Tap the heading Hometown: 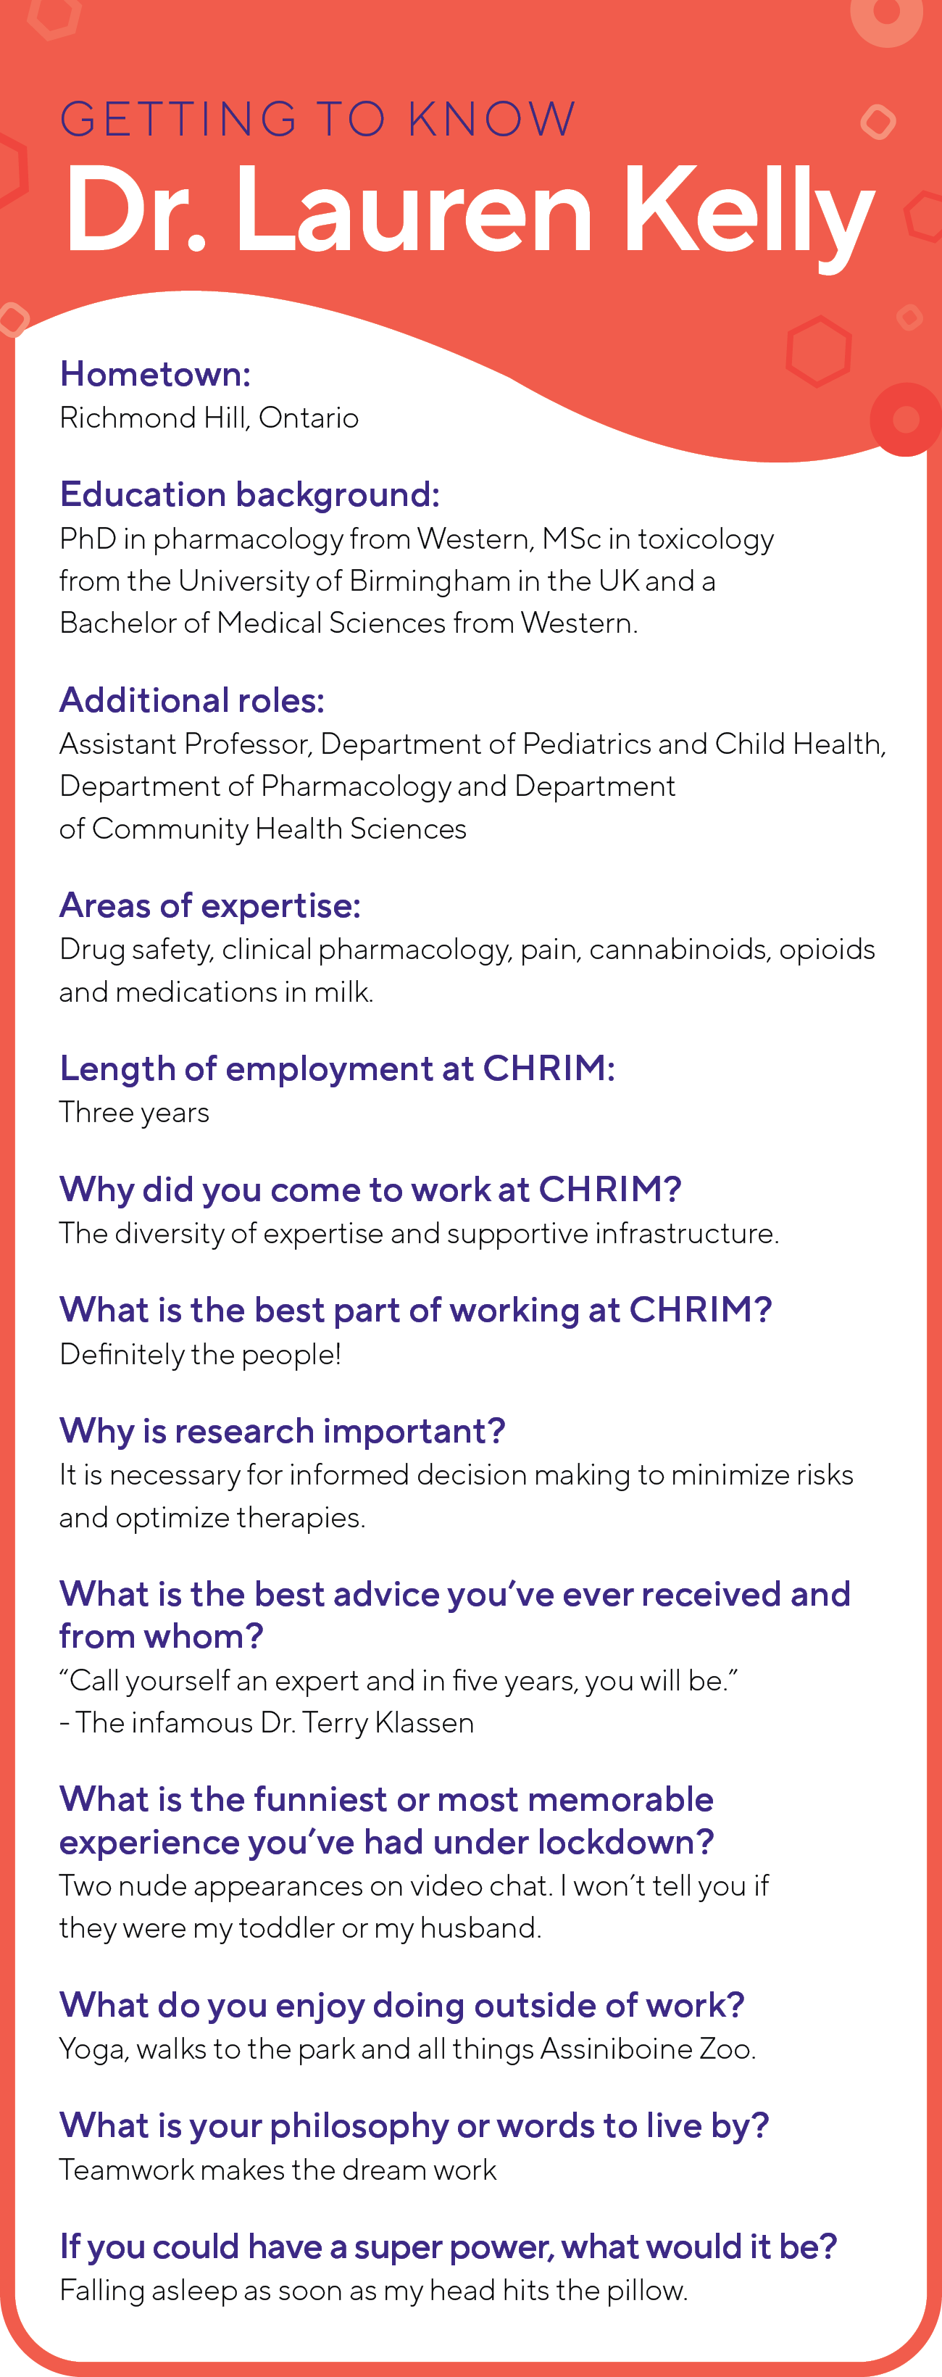pos(155,374)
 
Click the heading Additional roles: pos(192,700)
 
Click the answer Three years pos(135,1113)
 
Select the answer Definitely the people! pos(200,1355)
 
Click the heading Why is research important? pos(283,1431)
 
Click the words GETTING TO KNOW pos(318,119)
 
